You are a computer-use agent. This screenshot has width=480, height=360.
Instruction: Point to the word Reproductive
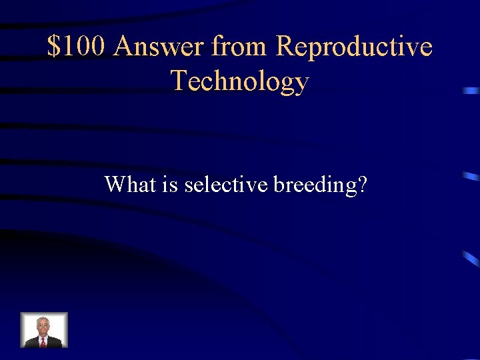click(x=354, y=47)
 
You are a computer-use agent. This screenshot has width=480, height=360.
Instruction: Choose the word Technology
click(x=240, y=81)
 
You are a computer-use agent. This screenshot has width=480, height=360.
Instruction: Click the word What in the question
click(x=130, y=184)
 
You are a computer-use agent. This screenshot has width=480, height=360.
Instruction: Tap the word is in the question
click(x=169, y=184)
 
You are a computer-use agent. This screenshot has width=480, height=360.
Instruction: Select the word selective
click(x=227, y=184)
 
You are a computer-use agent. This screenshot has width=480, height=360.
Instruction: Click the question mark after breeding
click(x=362, y=184)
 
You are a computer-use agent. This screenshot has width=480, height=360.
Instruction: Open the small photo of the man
click(x=44, y=330)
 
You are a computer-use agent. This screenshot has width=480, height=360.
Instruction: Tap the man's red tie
click(x=43, y=342)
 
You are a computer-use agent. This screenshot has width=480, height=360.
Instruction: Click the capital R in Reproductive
click(x=285, y=47)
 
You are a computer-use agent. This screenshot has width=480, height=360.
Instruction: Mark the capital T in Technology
click(x=179, y=81)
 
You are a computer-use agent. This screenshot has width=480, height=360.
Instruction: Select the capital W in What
click(x=115, y=184)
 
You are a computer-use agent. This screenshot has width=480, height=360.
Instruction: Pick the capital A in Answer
click(x=125, y=47)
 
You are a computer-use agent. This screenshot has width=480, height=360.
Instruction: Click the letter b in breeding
click(x=279, y=184)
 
